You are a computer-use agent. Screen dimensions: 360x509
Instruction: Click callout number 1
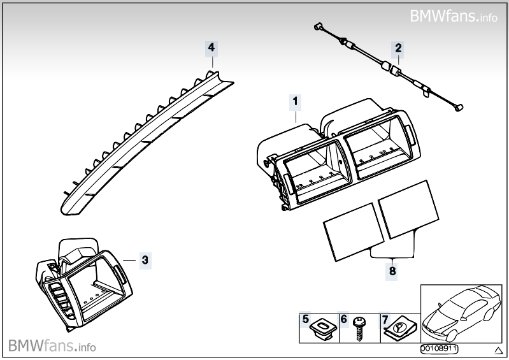pos(295,100)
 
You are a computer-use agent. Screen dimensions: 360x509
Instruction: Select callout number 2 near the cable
pos(398,47)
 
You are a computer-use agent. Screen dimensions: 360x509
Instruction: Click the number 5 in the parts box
pos(306,319)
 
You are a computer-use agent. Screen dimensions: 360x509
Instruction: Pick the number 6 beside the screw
pos(343,319)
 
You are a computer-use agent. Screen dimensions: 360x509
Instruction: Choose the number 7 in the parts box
pos(384,319)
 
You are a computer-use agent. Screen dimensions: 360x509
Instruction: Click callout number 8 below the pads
pos(392,271)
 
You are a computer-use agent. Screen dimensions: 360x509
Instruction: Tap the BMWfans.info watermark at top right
pos(454,15)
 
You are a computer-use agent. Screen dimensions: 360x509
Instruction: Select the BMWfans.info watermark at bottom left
pos(52,346)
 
